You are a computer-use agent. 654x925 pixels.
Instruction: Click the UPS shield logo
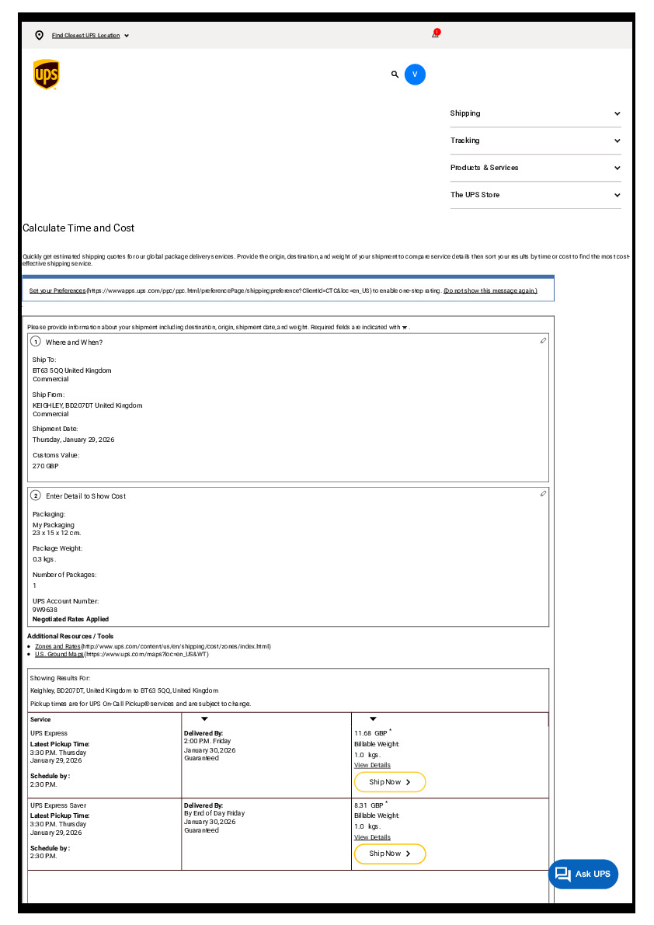47,75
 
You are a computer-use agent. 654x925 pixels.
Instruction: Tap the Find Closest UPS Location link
85,36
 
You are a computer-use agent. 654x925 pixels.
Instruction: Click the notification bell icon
436,34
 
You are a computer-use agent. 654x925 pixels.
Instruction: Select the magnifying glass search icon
395,75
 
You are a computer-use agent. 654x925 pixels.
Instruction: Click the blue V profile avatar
415,75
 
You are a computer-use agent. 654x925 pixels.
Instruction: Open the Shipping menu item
535,113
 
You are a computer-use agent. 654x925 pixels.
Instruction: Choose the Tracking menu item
535,141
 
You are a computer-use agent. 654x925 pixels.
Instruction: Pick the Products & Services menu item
535,168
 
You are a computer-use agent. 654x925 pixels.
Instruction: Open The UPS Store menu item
535,195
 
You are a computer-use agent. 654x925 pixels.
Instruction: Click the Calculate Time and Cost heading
78,228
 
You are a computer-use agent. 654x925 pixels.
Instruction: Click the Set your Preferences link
57,290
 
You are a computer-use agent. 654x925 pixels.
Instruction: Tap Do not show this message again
490,290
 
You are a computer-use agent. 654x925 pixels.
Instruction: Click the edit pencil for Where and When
543,341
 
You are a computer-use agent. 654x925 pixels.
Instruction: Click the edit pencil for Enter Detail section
543,493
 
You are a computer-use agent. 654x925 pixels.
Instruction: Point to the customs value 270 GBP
45,466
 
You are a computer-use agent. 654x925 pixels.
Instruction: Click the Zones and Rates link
57,646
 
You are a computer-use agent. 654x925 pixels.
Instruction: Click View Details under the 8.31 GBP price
372,837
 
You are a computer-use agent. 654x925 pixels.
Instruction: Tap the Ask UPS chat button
583,875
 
